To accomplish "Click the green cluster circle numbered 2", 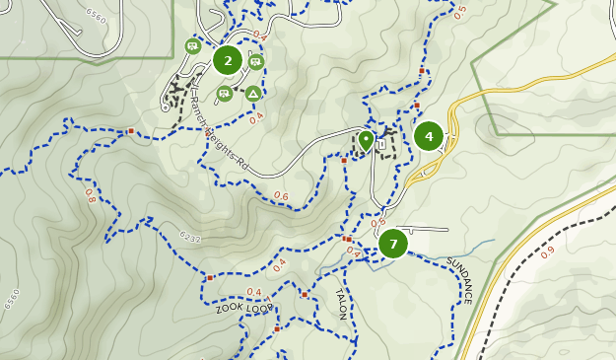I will pyautogui.click(x=228, y=60).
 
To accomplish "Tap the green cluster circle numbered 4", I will pyautogui.click(x=429, y=136).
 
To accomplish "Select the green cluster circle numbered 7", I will pyautogui.click(x=393, y=244).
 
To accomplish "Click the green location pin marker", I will pyautogui.click(x=366, y=140).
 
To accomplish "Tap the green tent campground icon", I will pyautogui.click(x=253, y=94).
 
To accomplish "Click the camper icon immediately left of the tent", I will pyautogui.click(x=225, y=94).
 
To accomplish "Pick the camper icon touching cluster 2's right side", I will pyautogui.click(x=255, y=62).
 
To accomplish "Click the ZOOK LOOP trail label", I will pyautogui.click(x=243, y=308).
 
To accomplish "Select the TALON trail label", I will pyautogui.click(x=341, y=304).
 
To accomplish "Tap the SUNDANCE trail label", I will pyautogui.click(x=460, y=280).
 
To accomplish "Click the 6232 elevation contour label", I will pyautogui.click(x=190, y=238).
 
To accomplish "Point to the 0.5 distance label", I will pyautogui.click(x=460, y=12).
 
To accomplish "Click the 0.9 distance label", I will pyautogui.click(x=547, y=252).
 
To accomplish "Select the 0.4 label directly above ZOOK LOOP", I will pyautogui.click(x=253, y=292).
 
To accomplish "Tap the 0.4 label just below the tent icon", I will pyautogui.click(x=256, y=117).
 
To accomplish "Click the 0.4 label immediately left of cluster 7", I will pyautogui.click(x=354, y=252).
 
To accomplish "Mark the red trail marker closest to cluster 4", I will pyautogui.click(x=417, y=105).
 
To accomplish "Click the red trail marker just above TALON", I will pyautogui.click(x=305, y=294).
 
